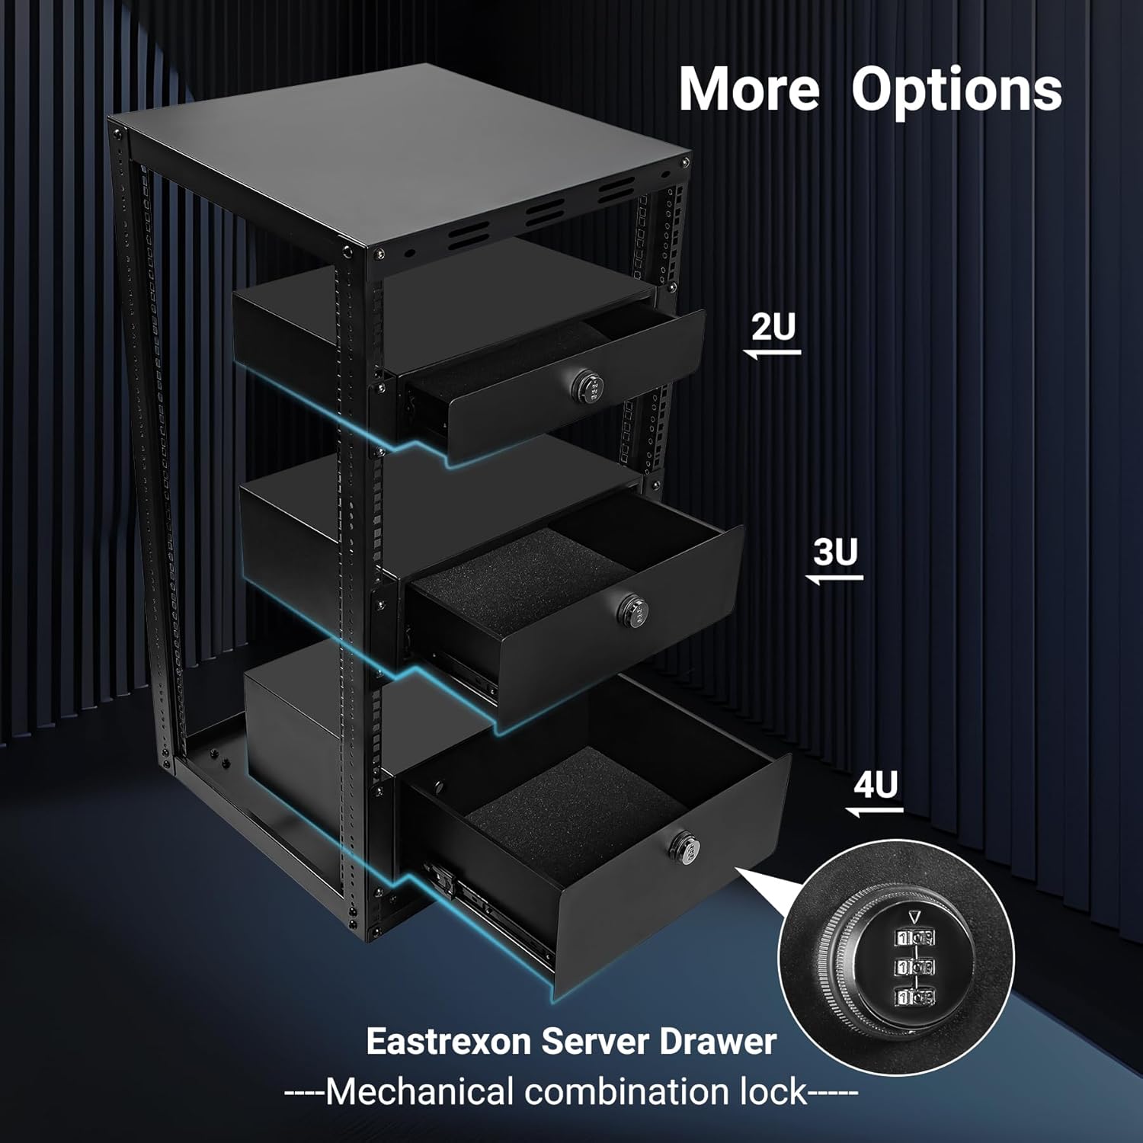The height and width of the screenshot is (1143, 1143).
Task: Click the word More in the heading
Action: click(749, 90)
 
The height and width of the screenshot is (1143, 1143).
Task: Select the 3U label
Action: click(835, 552)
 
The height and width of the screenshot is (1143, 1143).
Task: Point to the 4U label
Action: click(876, 785)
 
